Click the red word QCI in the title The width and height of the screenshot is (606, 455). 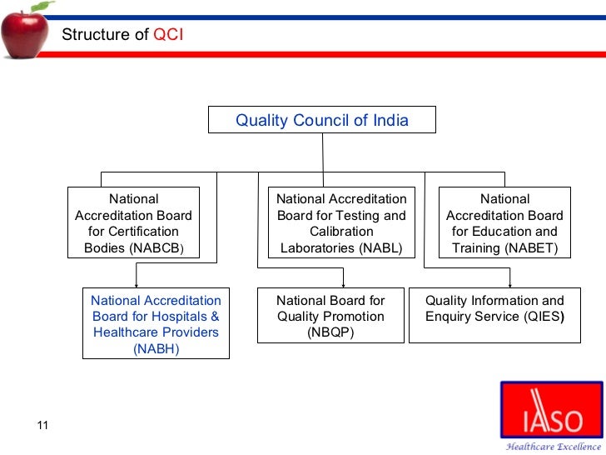click(169, 34)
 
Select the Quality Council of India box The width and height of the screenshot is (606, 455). click(321, 120)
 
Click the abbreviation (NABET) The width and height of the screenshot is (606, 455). click(528, 247)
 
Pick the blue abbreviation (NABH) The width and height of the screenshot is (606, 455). click(156, 348)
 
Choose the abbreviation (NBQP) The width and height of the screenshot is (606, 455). click(330, 332)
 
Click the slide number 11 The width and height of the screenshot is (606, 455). click(43, 427)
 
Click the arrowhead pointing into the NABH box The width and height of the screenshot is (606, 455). click(137, 284)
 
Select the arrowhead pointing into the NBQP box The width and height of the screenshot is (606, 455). click(342, 284)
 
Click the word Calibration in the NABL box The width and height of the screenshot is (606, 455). click(341, 232)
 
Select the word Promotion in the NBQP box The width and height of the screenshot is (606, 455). click(350, 317)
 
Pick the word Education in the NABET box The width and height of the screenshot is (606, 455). click(504, 232)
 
